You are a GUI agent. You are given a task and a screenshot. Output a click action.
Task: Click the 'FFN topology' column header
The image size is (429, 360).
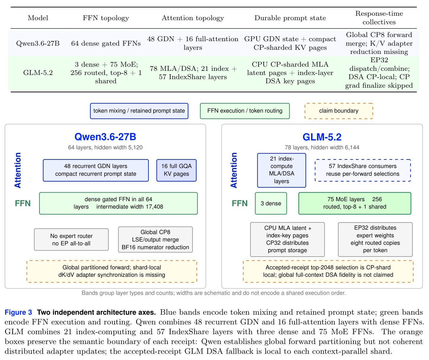(x=106, y=18)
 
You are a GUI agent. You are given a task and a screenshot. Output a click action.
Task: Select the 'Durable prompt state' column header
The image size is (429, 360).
(x=290, y=18)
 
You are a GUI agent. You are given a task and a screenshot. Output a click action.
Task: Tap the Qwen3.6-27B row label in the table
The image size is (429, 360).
(x=38, y=43)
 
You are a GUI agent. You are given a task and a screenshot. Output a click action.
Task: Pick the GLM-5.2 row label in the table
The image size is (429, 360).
(x=38, y=73)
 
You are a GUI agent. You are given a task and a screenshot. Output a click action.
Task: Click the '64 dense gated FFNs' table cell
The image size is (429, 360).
(x=106, y=43)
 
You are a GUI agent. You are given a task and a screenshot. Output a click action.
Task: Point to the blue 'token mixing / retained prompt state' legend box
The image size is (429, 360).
(x=139, y=111)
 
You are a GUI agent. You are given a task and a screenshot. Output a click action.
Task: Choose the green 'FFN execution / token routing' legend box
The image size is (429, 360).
(x=245, y=111)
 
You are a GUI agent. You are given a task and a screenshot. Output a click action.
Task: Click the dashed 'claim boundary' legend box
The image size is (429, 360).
(x=339, y=111)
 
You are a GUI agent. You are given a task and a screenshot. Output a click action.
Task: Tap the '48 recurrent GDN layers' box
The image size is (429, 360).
(x=96, y=170)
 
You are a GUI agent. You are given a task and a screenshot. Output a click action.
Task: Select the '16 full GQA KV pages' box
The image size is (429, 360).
(x=176, y=170)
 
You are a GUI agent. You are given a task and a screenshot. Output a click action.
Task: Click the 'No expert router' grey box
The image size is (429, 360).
(x=71, y=239)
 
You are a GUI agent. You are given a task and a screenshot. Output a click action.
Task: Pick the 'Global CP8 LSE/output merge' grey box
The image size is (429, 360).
(x=155, y=239)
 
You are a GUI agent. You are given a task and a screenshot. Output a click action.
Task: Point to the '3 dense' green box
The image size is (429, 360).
(x=271, y=203)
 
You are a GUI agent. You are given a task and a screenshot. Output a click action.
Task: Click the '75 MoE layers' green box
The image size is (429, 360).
(x=355, y=203)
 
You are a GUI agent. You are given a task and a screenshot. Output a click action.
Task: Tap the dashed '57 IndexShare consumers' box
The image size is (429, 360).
(x=363, y=170)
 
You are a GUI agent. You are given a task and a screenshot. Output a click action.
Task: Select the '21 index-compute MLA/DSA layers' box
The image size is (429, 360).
(x=281, y=170)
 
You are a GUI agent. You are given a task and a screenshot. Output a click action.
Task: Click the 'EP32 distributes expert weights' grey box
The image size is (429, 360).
(x=375, y=239)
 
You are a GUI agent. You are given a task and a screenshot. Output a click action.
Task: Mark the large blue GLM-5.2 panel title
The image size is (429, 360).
(x=322, y=137)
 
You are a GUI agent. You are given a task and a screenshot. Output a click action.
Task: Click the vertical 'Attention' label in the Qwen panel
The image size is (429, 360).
(x=18, y=170)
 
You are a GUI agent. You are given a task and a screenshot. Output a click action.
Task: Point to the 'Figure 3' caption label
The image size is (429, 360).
(x=18, y=312)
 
